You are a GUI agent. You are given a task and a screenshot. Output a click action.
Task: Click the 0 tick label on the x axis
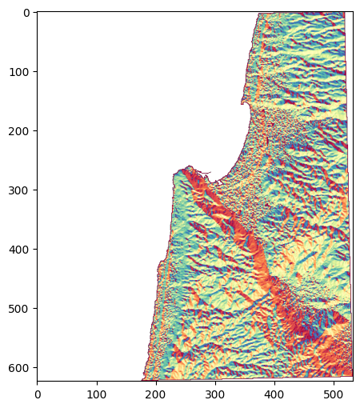[38, 393]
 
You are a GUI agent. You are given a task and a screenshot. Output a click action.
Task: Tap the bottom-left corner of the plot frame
[38, 381]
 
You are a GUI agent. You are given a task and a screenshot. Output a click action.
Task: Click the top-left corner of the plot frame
[38, 12]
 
